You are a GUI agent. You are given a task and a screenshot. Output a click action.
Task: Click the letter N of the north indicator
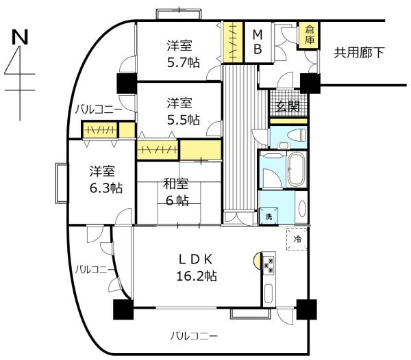pyautogui.click(x=19, y=38)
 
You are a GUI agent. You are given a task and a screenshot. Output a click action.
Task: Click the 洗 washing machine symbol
pyautogui.click(x=269, y=216)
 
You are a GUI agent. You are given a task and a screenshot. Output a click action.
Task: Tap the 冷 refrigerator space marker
pyautogui.click(x=297, y=240)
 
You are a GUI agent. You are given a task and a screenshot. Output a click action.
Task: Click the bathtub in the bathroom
pyautogui.click(x=297, y=169)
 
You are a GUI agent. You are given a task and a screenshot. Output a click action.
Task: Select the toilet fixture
pyautogui.click(x=294, y=135)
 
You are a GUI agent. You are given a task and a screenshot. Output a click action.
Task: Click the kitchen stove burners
pyautogui.click(x=270, y=264)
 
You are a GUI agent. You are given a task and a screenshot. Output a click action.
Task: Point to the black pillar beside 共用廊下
pyautogui.click(x=310, y=83)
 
